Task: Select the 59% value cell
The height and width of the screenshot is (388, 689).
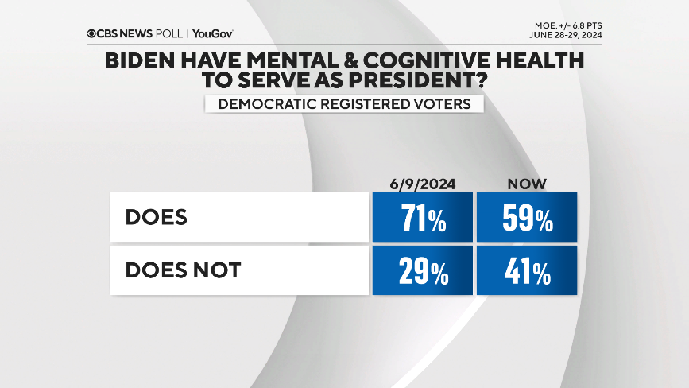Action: coord(527,217)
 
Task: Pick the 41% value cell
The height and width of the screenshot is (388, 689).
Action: coord(527,270)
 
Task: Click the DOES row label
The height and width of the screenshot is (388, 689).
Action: coord(157,217)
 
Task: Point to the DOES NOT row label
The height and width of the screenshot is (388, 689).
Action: coord(183,270)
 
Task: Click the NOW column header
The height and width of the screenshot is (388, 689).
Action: coord(527,184)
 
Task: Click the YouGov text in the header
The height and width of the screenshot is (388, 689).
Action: coord(213,33)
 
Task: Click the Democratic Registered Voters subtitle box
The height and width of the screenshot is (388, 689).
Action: coord(344,103)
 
